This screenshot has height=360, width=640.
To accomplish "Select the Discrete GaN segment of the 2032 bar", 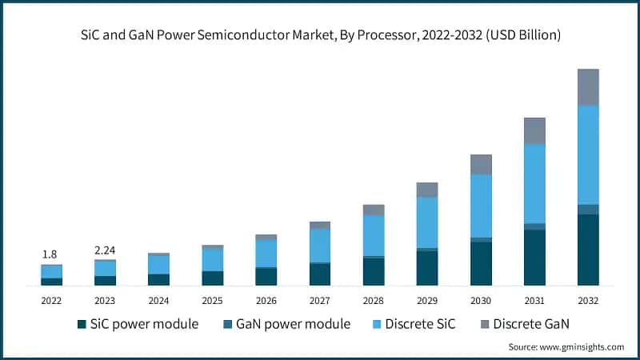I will click(588, 87).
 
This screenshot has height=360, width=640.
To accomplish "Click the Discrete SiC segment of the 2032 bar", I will click(588, 154).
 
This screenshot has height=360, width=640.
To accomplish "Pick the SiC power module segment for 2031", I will click(534, 257).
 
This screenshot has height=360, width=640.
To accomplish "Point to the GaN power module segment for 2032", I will click(588, 209).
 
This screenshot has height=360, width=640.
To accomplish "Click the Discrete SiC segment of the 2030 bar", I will click(481, 206).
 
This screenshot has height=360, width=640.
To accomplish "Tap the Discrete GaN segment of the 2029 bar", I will click(427, 190).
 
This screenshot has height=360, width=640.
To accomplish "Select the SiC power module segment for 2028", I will click(374, 271).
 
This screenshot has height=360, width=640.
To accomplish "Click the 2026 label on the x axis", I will click(266, 300).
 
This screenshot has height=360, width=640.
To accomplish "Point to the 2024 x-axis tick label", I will click(158, 300).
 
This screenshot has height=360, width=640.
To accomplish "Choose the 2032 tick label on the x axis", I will click(588, 300).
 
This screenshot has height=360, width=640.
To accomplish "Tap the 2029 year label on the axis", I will click(427, 300).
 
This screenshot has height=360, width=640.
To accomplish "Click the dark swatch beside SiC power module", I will click(82, 324).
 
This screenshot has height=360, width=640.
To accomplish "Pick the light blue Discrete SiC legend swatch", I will click(377, 324).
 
